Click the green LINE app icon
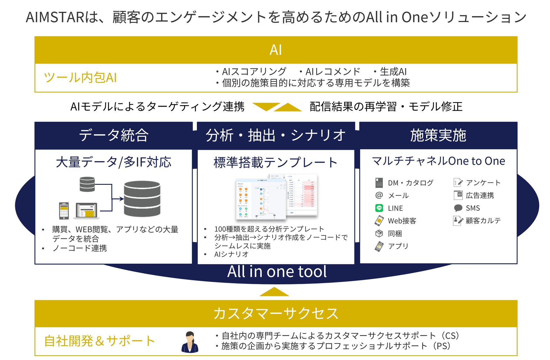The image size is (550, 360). coord(379,208)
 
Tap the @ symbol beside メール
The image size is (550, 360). coord(379,195)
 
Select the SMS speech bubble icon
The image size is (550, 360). coord(458,208)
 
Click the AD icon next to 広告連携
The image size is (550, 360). coord(458,195)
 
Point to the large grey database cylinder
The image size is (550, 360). coord(142,199)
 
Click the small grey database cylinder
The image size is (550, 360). coord(87,184)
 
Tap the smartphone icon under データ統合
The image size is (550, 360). coord(64,211)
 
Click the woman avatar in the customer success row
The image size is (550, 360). coord(190,342)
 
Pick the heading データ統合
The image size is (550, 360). coord(114,135)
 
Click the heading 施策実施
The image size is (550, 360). coord(438,135)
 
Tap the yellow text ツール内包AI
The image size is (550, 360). coord(80,78)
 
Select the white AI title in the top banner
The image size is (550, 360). coord(276,50)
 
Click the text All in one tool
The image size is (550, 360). coord(277,271)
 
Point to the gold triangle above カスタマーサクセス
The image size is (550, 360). coord(274,292)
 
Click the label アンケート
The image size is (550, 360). coord(483,183)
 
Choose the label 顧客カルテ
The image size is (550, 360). coord(483,221)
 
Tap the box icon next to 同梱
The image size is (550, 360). coord(379,233)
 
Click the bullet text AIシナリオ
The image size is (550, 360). coord(231,254)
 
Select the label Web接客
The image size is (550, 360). coord(402,221)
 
